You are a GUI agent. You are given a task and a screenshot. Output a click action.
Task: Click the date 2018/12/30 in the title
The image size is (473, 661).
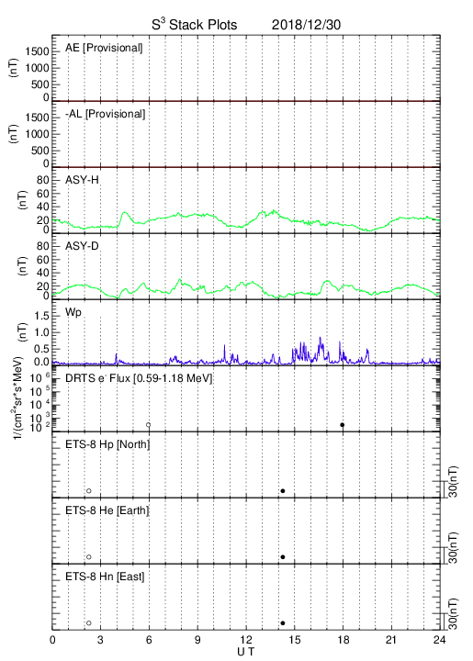(x=306, y=25)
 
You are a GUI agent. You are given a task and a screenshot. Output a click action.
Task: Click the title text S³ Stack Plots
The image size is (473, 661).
(x=195, y=25)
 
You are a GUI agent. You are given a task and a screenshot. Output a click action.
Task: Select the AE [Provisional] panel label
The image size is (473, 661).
(x=104, y=48)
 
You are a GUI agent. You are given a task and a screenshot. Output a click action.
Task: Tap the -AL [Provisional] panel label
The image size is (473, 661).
(x=105, y=114)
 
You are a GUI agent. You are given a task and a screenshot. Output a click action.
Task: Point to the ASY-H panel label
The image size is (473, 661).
(x=82, y=180)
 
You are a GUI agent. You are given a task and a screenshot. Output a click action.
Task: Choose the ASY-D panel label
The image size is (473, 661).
(x=82, y=246)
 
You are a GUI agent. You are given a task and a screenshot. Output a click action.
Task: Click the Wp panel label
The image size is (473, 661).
(x=73, y=313)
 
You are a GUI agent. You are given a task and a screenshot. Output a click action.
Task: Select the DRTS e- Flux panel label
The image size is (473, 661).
(x=139, y=378)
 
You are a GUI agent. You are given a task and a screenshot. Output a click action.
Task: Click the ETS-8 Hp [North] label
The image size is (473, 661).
(x=107, y=444)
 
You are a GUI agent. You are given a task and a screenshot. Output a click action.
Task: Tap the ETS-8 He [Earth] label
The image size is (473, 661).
(x=107, y=510)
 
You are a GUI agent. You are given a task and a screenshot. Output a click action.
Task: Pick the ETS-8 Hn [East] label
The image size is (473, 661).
(x=105, y=577)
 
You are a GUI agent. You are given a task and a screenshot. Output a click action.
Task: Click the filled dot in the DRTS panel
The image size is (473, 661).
(x=343, y=425)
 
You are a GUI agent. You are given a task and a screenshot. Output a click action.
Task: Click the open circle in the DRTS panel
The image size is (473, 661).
(x=149, y=425)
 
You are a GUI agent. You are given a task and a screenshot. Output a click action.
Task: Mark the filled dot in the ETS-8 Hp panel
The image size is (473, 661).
(x=283, y=490)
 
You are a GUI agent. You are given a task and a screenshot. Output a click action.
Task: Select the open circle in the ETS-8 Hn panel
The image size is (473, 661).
(x=89, y=623)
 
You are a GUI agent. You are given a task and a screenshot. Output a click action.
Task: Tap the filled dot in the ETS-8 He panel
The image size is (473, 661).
(x=283, y=557)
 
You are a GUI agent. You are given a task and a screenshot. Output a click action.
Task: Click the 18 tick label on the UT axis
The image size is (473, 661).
(x=343, y=640)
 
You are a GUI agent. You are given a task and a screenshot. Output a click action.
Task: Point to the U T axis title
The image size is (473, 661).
(x=246, y=652)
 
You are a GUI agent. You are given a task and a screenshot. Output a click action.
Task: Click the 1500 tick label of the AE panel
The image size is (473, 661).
(x=37, y=51)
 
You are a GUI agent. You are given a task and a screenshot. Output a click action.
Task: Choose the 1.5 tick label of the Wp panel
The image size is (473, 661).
(x=41, y=316)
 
